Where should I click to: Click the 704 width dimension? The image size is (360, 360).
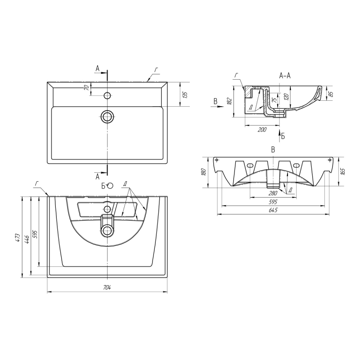(107, 287)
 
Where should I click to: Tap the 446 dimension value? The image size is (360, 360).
(27, 239)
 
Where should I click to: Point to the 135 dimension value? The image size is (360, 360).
(185, 95)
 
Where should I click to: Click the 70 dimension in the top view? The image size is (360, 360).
(86, 87)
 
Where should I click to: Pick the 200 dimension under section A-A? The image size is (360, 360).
(262, 130)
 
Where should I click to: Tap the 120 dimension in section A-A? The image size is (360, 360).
(286, 97)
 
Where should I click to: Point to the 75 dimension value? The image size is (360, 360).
(274, 100)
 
